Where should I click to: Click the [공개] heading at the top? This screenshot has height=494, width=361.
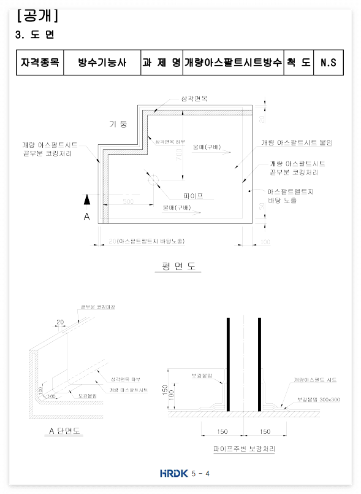pos(37,15)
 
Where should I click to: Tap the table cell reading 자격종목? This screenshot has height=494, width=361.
pos(40,63)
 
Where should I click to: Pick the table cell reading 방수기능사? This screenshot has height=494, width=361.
pos(102,63)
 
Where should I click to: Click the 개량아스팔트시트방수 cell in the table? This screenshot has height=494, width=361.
pos(233,63)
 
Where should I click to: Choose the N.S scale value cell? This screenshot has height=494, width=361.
pos(328,63)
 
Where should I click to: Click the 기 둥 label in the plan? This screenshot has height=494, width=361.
pos(118,123)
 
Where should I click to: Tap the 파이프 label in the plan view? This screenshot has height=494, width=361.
pos(193,196)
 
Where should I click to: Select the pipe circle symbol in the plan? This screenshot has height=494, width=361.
pos(153,180)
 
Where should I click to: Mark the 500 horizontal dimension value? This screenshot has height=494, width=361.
pos(128,201)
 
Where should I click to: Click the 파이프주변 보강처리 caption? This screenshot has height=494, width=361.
pos(244,449)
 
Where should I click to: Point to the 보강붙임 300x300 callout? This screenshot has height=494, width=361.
pos(318,399)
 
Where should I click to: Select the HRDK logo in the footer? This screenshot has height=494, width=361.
pos(172,473)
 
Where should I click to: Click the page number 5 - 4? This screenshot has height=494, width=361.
pos(200,473)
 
